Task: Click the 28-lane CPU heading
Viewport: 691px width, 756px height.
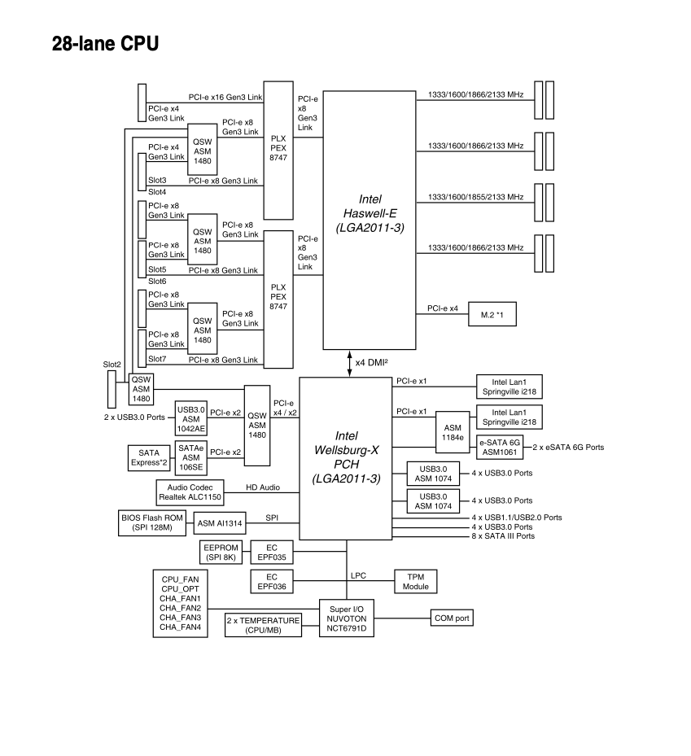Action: click(105, 44)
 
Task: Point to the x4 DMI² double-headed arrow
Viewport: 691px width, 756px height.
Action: click(350, 364)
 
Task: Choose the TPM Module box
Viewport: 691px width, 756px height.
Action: click(416, 581)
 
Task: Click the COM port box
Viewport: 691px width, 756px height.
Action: click(451, 618)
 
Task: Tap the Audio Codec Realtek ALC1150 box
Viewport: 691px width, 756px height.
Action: click(189, 492)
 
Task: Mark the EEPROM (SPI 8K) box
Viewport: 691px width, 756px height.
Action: click(220, 553)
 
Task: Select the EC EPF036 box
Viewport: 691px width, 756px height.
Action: click(271, 581)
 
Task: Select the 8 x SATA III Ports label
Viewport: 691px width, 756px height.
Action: click(503, 535)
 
